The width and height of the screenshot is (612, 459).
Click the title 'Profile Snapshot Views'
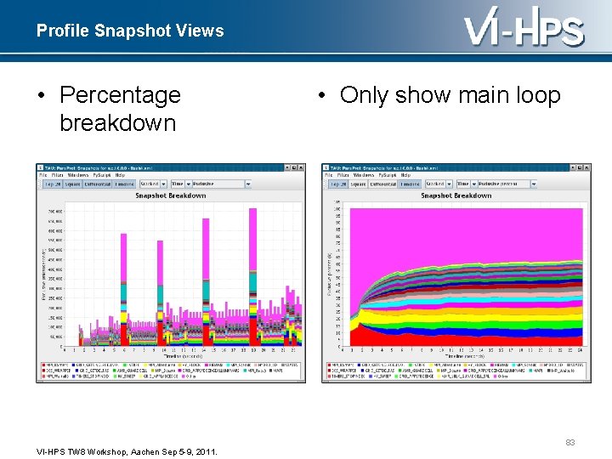[130, 31]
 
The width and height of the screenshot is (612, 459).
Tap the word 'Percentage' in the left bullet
[120, 94]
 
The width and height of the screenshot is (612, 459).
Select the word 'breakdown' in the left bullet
[117, 122]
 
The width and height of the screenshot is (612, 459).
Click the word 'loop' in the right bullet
[535, 94]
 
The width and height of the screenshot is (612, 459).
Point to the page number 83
[570, 441]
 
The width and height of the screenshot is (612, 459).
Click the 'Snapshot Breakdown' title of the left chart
[170, 195]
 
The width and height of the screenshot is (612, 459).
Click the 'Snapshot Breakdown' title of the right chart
[456, 195]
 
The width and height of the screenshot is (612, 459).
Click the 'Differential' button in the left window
[97, 184]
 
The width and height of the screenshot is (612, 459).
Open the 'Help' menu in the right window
[405, 175]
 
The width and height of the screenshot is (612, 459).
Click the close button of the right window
[586, 167]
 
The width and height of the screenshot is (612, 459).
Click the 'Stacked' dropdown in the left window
[152, 184]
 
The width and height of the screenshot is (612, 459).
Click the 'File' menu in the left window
[42, 175]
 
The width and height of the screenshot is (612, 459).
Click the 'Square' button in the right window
[358, 184]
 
